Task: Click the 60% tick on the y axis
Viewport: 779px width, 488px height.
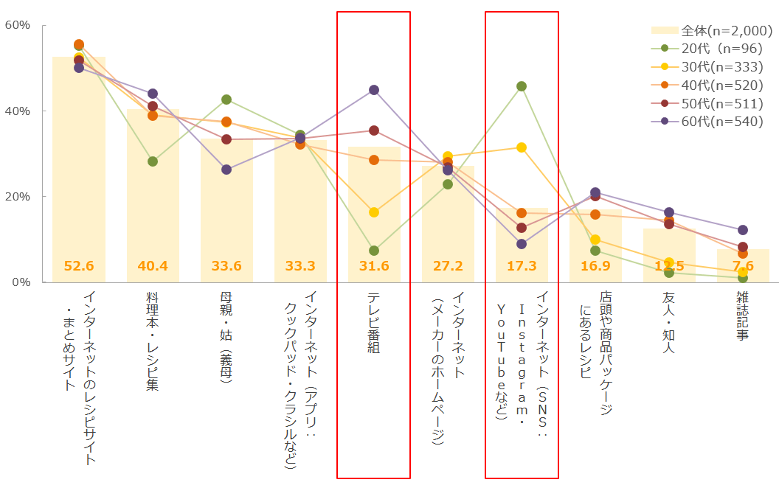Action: coord(17,25)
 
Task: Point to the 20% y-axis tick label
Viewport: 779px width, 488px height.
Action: coord(17,197)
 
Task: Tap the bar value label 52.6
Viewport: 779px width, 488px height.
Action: coord(79,266)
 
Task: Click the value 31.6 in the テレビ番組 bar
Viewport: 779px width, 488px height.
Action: coord(374,266)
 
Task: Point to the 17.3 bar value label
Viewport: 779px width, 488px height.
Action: coord(522,266)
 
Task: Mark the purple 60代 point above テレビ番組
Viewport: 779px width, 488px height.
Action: coord(374,90)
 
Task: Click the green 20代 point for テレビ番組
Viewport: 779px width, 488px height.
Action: coord(374,251)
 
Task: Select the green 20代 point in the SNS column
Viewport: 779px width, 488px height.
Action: coord(522,86)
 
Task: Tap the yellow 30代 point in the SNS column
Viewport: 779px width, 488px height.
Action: coord(522,147)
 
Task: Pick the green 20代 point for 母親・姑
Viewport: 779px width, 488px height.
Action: coord(226,100)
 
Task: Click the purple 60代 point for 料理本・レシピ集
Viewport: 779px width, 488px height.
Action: coord(153,94)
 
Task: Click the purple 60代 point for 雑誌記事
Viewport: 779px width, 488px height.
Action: coord(743,230)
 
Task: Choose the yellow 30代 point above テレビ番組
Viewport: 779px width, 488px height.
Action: coord(374,212)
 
